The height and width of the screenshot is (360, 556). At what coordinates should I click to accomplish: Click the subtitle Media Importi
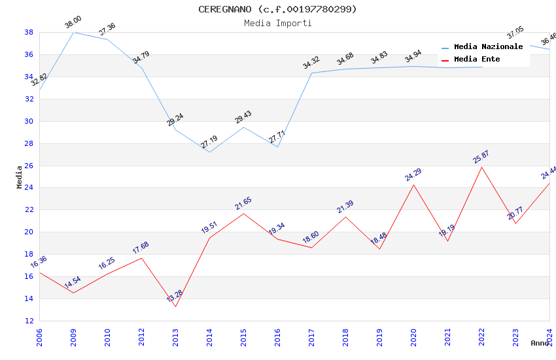pyautogui.click(x=277, y=23)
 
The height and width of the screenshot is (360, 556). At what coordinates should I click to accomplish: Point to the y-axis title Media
pyautogui.click(x=19, y=177)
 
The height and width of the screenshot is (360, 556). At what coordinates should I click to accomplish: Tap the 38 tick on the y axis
pyautogui.click(x=29, y=32)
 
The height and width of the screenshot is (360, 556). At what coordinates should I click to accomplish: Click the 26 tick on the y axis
pyautogui.click(x=29, y=166)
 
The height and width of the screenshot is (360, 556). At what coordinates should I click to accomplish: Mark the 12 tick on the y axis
pyautogui.click(x=29, y=321)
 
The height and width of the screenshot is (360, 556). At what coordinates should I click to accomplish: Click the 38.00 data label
pyautogui.click(x=73, y=24)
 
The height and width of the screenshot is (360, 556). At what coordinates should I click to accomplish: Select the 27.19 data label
pyautogui.click(x=209, y=142)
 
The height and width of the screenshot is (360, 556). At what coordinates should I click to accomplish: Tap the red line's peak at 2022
pyautogui.click(x=481, y=167)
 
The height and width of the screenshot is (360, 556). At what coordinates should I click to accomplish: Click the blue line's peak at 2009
pyautogui.click(x=73, y=32)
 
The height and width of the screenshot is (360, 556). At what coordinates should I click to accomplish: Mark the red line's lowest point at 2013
pyautogui.click(x=175, y=306)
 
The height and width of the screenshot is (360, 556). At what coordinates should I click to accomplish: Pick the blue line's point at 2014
pyautogui.click(x=209, y=153)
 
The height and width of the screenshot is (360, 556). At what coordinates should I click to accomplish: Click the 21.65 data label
pyautogui.click(x=243, y=204)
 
